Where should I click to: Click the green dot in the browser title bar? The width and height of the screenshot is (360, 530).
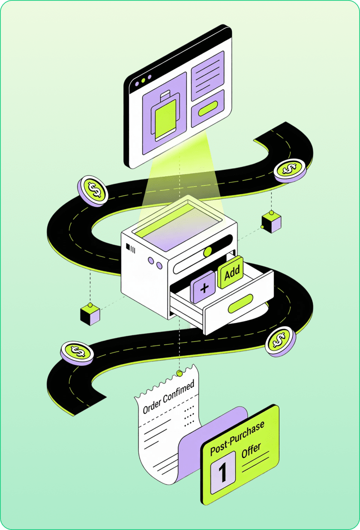[143, 81]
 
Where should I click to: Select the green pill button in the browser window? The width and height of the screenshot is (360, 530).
[208, 109]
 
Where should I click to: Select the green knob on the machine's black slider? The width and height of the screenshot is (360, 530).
[207, 251]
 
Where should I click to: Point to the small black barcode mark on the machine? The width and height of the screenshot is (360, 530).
[130, 247]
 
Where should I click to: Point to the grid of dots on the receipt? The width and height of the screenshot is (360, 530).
[189, 413]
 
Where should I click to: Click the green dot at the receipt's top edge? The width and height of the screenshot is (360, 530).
[179, 373]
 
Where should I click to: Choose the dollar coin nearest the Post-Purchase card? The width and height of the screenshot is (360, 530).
[280, 341]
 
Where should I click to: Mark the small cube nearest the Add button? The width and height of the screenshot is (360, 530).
[271, 222]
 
